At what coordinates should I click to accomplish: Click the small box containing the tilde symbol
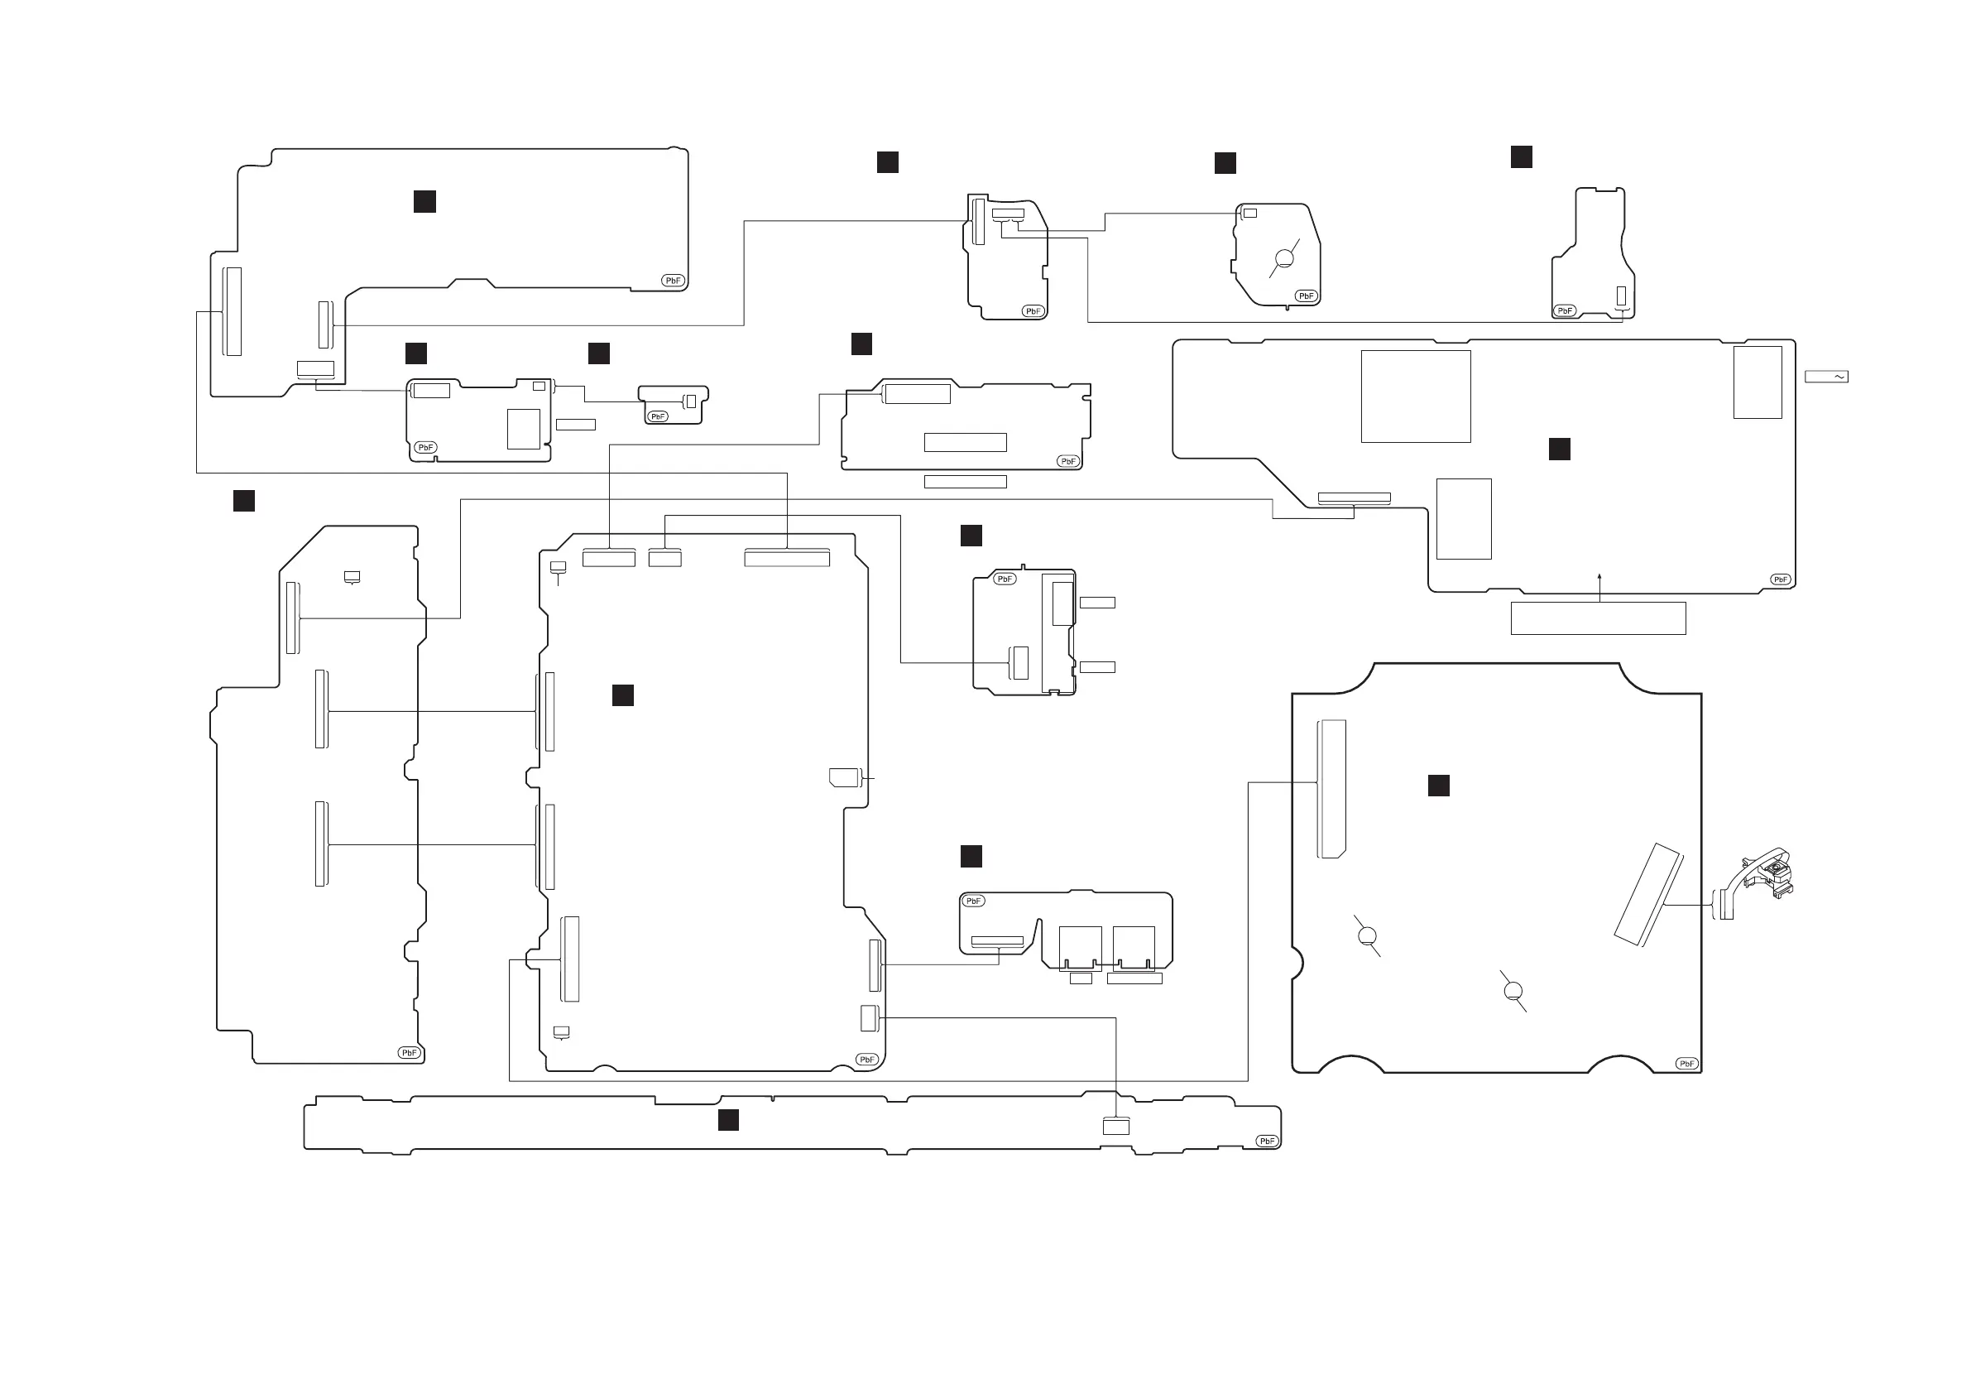point(1826,376)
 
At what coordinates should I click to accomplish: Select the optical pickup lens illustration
point(1770,874)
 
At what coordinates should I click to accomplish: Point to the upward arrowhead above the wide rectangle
point(1599,577)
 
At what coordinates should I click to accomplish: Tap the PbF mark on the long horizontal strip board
point(1267,1141)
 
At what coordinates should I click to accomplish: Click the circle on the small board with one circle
point(1284,258)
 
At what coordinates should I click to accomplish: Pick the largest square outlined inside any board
point(1416,396)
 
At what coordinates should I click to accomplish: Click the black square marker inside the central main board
point(622,695)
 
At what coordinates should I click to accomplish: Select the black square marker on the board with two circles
point(1438,785)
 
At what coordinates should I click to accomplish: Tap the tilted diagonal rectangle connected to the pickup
point(1648,895)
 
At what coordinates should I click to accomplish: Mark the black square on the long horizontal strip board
point(728,1119)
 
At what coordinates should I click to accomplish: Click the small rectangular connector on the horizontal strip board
point(1115,1126)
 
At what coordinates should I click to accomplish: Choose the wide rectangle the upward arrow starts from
point(1598,618)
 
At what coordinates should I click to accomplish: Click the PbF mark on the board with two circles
point(1686,1064)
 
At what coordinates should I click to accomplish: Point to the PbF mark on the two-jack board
point(972,901)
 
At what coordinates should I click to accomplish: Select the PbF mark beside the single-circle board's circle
point(1305,296)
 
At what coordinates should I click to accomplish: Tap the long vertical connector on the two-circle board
point(1331,789)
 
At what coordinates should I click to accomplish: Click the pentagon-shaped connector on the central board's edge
point(844,777)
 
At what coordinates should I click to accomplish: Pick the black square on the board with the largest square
point(1559,449)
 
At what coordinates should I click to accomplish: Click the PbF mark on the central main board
point(866,1059)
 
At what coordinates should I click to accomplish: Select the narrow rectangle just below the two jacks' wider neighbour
point(1134,978)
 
